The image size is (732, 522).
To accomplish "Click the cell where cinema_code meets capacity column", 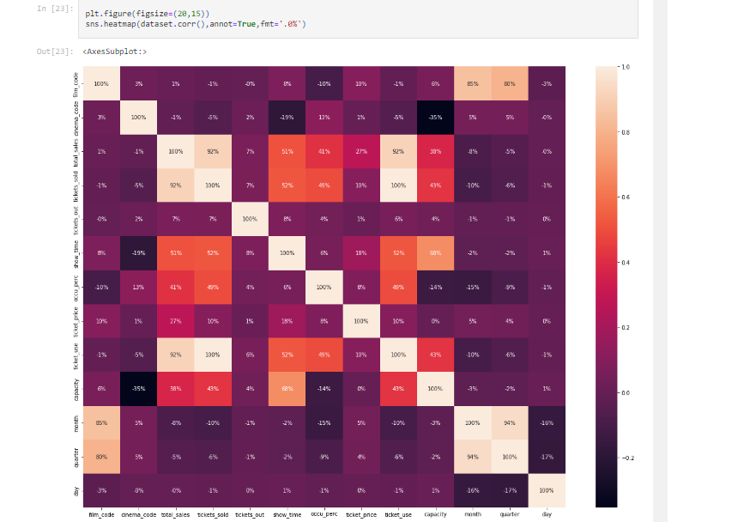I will (435, 117).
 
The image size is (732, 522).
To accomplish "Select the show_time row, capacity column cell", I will (435, 252).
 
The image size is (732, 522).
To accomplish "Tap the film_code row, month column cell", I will (472, 83).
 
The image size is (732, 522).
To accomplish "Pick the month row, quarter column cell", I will (509, 422).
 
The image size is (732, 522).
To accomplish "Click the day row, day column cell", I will (546, 489).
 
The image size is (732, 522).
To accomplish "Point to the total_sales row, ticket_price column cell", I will (360, 151).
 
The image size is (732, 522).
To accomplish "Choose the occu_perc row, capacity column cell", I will (435, 287).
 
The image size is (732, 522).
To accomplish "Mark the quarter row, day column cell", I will (546, 456).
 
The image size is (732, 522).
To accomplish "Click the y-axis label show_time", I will (77, 252).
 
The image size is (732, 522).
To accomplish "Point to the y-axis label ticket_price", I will (77, 320).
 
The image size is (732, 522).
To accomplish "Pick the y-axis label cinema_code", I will (77, 117).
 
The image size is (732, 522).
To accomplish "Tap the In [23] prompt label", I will (54, 9).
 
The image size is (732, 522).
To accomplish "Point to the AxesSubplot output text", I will (115, 52).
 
